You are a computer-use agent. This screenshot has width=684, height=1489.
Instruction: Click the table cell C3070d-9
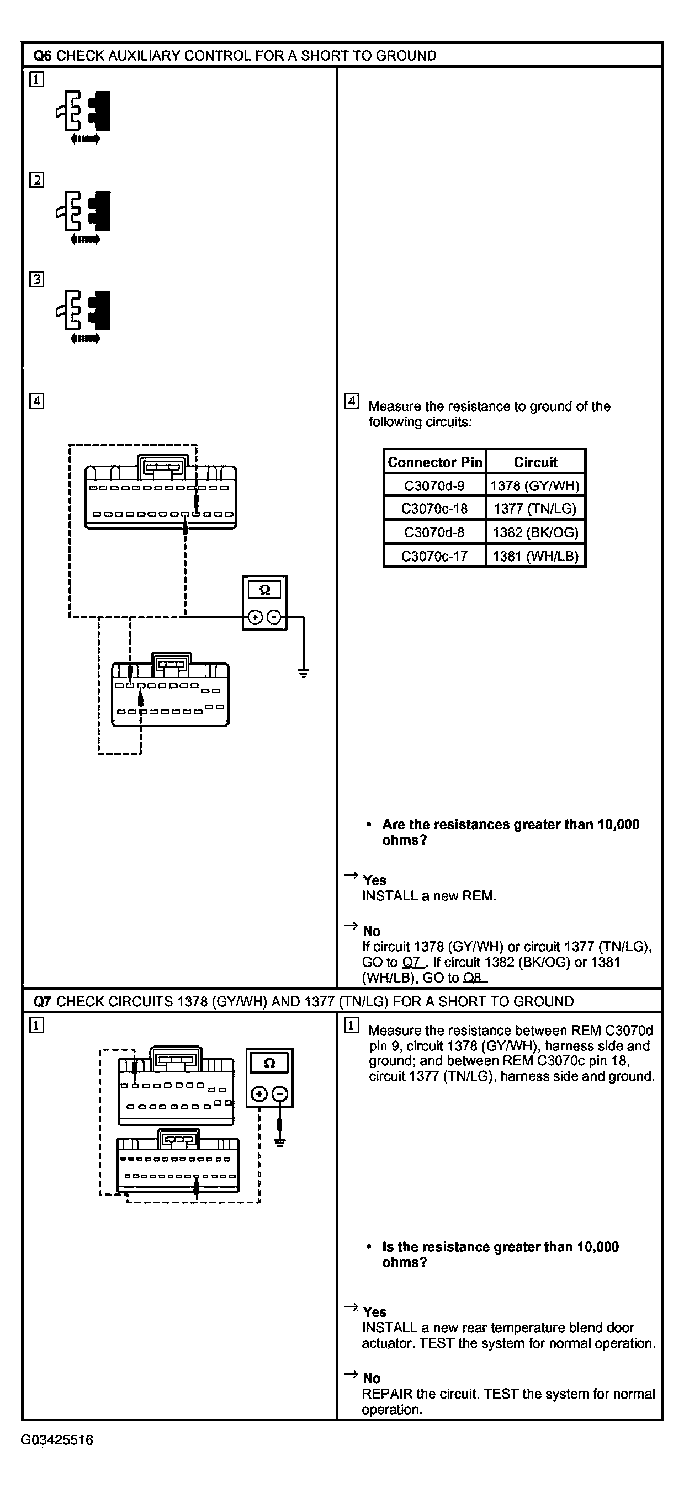pos(434,485)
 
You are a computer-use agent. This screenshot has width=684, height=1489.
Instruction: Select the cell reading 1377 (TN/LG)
pos(535,509)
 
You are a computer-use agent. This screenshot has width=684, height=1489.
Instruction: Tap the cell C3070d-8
pos(434,532)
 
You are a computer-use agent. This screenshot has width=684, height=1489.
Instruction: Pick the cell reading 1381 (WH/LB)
pos(535,556)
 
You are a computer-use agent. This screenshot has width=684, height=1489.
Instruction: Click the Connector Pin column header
pos(434,462)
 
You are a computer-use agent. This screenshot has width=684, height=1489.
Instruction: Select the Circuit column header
pos(535,462)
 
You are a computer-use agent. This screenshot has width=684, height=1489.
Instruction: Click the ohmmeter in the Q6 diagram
pos(264,603)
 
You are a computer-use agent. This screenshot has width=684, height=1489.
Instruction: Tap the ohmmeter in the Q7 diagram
pos(269,1077)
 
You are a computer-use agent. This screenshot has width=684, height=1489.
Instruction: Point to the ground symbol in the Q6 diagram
pos(303,673)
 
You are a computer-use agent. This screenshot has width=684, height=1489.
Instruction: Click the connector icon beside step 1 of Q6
pos(84,114)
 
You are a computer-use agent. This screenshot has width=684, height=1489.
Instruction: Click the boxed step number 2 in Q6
pos(36,180)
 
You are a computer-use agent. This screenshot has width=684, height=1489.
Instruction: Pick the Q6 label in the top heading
pos(42,56)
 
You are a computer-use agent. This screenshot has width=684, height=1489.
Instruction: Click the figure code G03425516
pos(57,1440)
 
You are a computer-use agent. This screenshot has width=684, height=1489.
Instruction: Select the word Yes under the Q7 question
pos(375,1312)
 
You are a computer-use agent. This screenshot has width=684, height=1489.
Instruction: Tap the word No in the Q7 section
pos(372,1379)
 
